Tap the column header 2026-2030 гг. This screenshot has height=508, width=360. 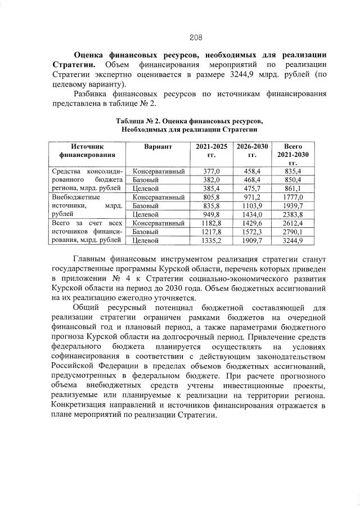click(x=252, y=150)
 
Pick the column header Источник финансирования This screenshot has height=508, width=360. click(x=88, y=150)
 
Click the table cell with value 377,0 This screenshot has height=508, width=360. click(x=211, y=170)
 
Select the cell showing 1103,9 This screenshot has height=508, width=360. click(x=252, y=206)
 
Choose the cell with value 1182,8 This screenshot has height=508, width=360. click(x=211, y=223)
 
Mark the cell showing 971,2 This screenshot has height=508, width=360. click(x=252, y=197)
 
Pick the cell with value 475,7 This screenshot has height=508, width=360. click(x=252, y=188)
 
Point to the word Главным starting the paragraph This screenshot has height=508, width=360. click(x=91, y=260)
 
